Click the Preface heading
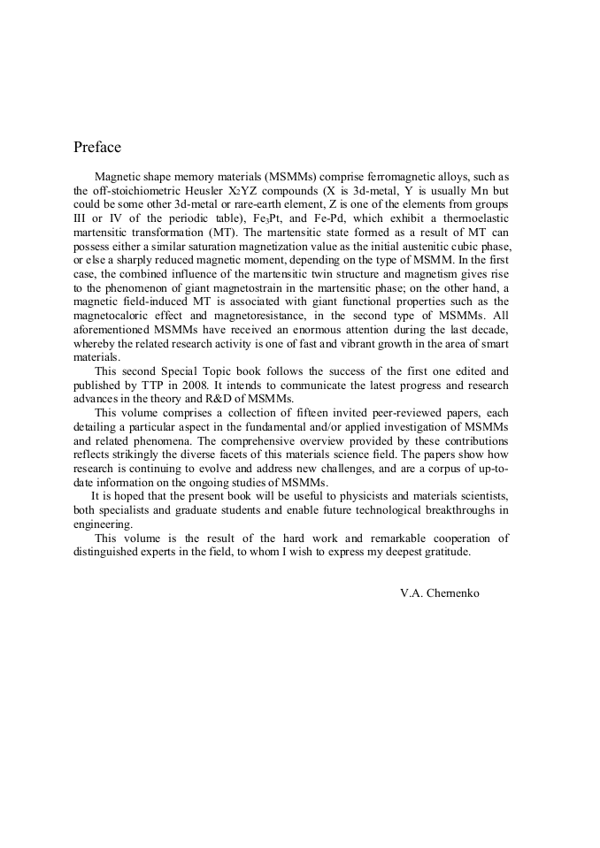click(x=97, y=147)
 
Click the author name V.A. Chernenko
click(x=440, y=593)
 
